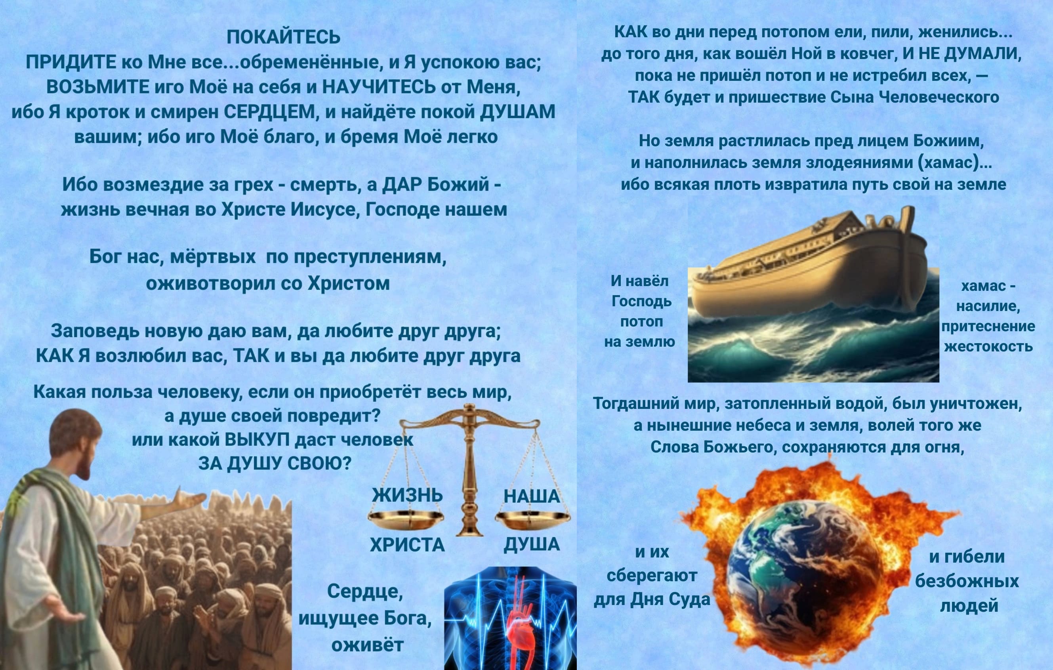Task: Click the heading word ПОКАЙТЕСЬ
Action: [283, 38]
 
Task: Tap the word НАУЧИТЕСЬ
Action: [379, 87]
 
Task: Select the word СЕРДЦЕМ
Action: [269, 112]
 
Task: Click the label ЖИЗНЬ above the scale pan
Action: [407, 496]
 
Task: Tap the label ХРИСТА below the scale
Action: [407, 545]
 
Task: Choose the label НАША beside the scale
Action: [531, 496]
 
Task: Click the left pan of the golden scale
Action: [405, 519]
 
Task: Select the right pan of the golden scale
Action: [532, 519]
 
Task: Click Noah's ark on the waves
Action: [809, 267]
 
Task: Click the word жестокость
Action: [988, 346]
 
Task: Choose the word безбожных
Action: [967, 581]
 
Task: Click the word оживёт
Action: [367, 645]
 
